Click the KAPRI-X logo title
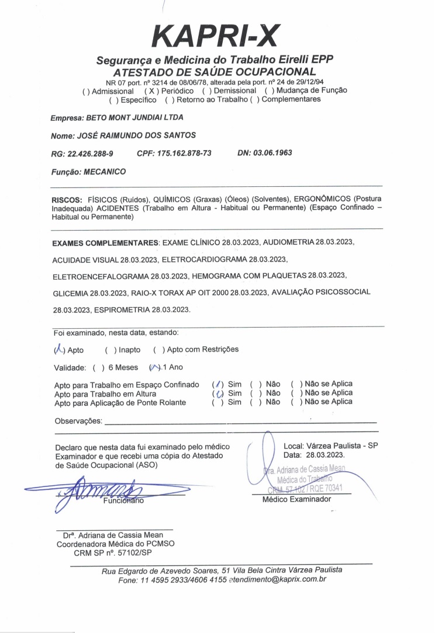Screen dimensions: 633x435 (216, 36)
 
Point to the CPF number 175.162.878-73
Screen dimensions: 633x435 (184, 153)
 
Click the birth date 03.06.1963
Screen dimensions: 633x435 (272, 153)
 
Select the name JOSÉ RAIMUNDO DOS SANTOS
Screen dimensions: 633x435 (136, 135)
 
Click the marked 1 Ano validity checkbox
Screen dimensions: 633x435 (154, 367)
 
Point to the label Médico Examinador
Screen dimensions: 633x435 (296, 499)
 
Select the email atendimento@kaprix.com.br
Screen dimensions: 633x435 (277, 580)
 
